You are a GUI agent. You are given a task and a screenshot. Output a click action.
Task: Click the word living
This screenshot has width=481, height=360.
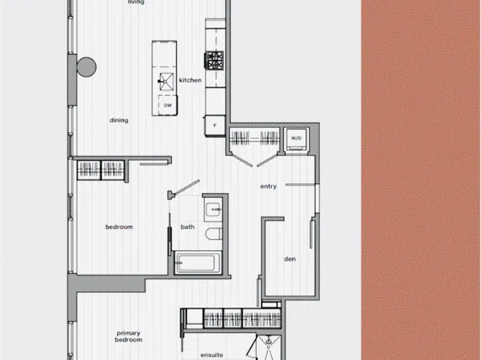[x=136, y=2]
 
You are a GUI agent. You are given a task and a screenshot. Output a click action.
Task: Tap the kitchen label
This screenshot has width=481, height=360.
[x=190, y=80]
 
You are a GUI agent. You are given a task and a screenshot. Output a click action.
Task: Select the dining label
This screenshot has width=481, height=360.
[x=119, y=120]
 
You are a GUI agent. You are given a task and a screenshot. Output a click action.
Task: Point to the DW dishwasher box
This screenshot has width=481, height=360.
[x=167, y=105]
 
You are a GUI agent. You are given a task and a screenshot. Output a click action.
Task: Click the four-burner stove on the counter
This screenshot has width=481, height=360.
[x=215, y=59]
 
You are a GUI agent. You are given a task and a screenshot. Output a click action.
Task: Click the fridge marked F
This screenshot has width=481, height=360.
[x=215, y=126]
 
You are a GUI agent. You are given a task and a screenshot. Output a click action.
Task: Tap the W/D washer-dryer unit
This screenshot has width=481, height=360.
[x=296, y=138]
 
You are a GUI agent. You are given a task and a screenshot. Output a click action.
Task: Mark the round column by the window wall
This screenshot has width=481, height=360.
[x=85, y=67]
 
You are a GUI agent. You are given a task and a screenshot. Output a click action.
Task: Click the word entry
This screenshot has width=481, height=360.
[x=268, y=186]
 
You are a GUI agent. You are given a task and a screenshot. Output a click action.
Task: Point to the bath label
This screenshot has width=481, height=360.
[x=187, y=227]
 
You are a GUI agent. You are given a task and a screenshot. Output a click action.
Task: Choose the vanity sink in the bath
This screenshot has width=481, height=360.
[x=214, y=209]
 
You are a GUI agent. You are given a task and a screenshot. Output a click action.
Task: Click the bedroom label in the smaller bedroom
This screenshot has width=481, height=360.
[x=119, y=227]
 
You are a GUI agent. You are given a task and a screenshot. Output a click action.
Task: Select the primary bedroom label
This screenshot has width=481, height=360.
[x=129, y=337]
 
